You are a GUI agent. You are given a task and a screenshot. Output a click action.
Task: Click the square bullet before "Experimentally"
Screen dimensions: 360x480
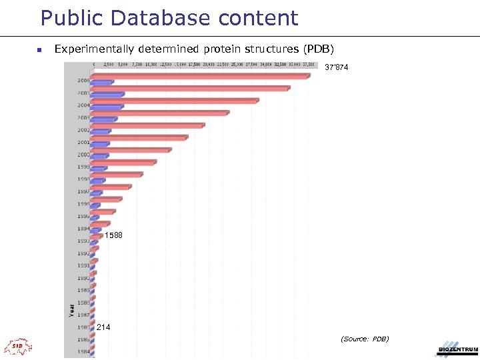click(x=39, y=50)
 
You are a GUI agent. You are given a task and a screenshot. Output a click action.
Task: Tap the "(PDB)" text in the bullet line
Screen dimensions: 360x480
click(x=319, y=49)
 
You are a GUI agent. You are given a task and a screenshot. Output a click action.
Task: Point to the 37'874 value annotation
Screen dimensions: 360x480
click(x=336, y=67)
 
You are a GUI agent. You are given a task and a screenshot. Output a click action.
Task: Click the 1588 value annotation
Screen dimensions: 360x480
click(x=114, y=235)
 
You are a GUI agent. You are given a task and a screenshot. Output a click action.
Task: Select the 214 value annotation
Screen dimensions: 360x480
click(x=103, y=327)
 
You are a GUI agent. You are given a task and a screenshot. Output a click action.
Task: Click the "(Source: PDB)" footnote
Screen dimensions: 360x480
click(x=365, y=339)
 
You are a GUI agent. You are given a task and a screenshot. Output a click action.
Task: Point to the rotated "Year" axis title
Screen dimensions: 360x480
click(x=71, y=310)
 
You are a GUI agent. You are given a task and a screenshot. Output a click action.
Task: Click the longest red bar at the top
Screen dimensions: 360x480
click(x=200, y=76)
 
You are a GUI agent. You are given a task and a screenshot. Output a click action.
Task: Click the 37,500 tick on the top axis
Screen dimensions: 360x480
click(x=309, y=65)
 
